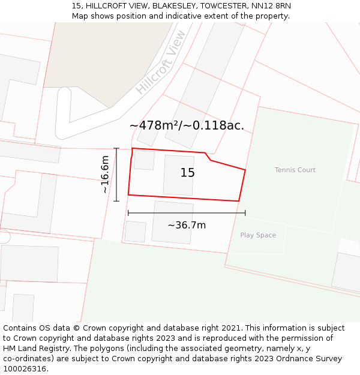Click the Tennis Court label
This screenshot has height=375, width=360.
point(295,170)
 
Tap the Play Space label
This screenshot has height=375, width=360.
point(258,235)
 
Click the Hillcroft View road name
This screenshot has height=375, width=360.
point(160,70)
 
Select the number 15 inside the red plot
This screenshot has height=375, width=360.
point(187,173)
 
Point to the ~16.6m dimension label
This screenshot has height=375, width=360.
point(105,174)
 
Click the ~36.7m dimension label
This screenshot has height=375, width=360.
point(187,226)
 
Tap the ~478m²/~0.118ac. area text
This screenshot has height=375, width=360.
point(187,126)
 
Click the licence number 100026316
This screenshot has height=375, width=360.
point(25,369)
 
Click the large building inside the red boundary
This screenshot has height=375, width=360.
point(179,175)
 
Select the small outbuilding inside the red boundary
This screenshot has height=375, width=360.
point(144,160)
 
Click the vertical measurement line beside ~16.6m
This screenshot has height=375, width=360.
point(116,174)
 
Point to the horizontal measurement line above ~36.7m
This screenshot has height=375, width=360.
point(187,212)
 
